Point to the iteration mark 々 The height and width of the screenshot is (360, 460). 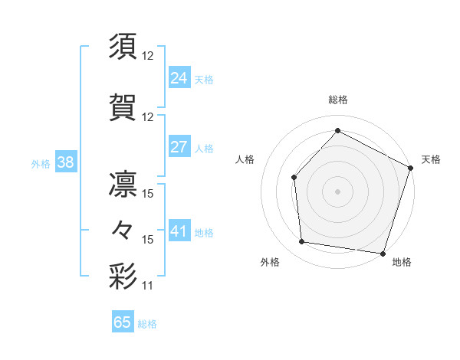tap(123, 229)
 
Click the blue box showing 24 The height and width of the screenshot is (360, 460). tap(179, 78)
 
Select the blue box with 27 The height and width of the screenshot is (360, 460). tap(179, 148)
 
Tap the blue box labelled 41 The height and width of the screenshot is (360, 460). tap(179, 231)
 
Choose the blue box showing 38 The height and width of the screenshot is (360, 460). tap(65, 162)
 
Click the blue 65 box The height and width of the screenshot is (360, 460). tap(123, 322)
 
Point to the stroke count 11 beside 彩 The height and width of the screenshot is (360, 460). tap(148, 286)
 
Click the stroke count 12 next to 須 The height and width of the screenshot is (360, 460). tap(148, 56)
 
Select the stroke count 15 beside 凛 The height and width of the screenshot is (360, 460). tap(148, 194)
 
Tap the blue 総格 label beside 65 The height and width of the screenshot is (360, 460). tap(147, 324)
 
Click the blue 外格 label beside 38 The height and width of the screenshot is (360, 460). tap(41, 163)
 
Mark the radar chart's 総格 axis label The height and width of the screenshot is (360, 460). tap(337, 100)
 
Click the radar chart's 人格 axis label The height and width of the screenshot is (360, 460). tap(245, 159)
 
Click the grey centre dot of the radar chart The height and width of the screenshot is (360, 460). tap(337, 191)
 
